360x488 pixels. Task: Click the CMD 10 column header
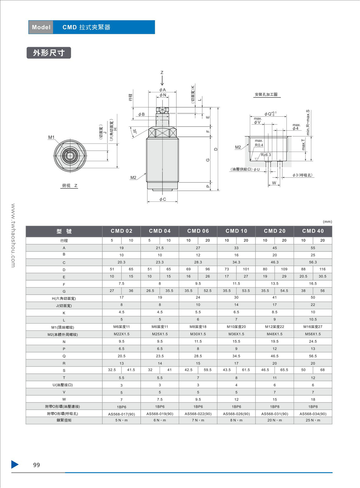tap(236, 231)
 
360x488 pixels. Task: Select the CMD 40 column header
tap(313, 231)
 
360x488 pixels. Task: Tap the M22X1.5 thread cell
tap(121, 334)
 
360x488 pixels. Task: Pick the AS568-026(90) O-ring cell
tap(236, 414)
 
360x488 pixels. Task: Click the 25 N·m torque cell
tap(313, 420)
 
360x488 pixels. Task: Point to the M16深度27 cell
tap(313, 327)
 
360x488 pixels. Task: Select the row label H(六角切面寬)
tap(64, 299)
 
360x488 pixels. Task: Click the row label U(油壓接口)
tap(63, 385)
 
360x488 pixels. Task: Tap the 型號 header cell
tap(64, 231)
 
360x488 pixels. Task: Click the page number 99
tap(36, 465)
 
